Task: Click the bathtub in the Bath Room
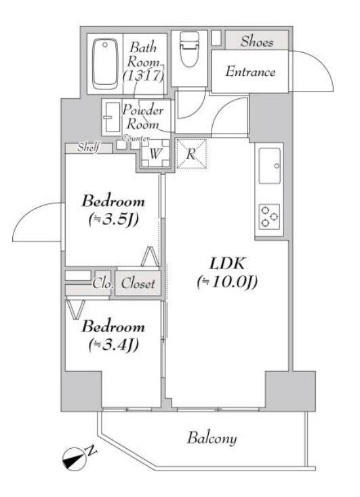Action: click(x=104, y=64)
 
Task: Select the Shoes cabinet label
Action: click(x=257, y=42)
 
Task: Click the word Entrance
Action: click(x=250, y=71)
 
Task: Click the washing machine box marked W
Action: click(x=155, y=153)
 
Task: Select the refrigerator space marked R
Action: click(x=191, y=153)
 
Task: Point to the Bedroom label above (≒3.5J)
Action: click(x=113, y=201)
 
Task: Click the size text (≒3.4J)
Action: click(x=113, y=344)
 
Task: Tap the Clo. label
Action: click(x=102, y=284)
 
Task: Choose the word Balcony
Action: click(x=212, y=439)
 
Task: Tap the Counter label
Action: click(x=136, y=138)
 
